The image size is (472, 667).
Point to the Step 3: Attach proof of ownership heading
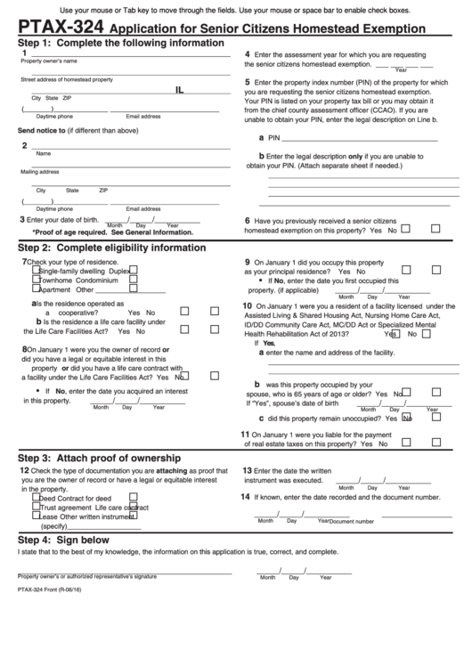[x=99, y=458]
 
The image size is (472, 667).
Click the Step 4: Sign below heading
[x=63, y=540]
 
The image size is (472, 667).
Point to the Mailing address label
[x=40, y=172]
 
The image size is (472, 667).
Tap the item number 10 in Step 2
[x=248, y=305]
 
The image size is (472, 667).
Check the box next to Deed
[x=36, y=498]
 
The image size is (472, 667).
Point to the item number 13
[x=248, y=470]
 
